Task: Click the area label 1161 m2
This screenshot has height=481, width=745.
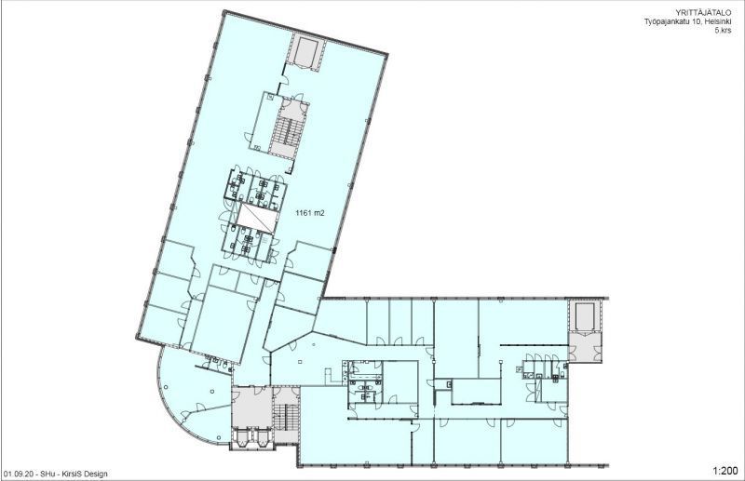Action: [309, 213]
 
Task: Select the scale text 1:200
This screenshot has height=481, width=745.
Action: [724, 471]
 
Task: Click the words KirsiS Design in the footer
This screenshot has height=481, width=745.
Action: [86, 474]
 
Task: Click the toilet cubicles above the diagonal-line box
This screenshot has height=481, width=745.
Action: [253, 186]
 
